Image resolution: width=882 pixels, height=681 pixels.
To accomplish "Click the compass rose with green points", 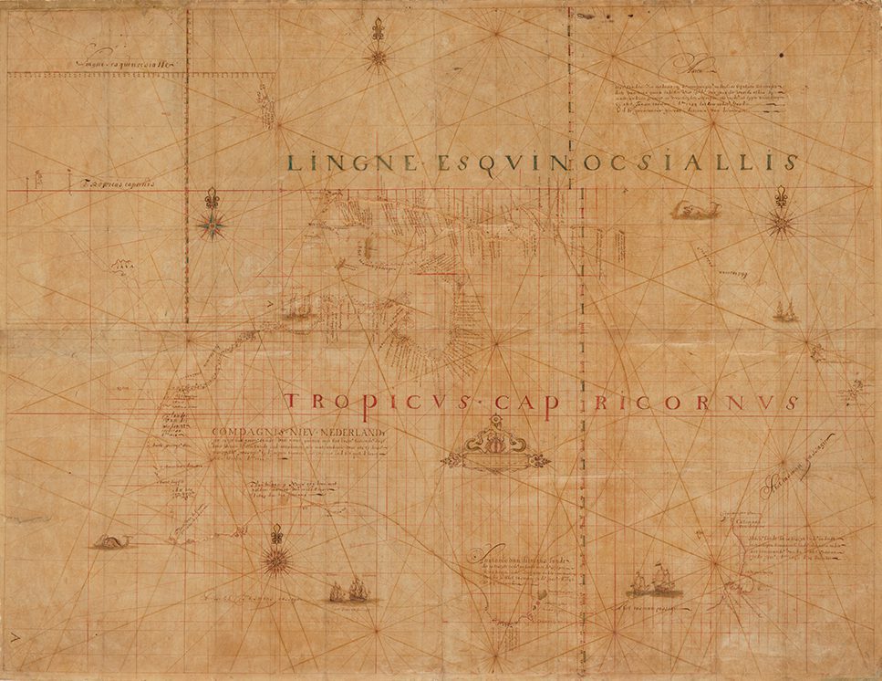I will (213, 222).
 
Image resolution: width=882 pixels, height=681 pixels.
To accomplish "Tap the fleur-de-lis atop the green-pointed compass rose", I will (213, 198).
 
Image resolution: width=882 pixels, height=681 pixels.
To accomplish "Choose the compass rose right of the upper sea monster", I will (782, 221).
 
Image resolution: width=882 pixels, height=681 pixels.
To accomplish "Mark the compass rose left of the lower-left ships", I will (275, 558).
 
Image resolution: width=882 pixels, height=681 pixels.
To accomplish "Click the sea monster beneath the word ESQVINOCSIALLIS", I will (691, 212).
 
